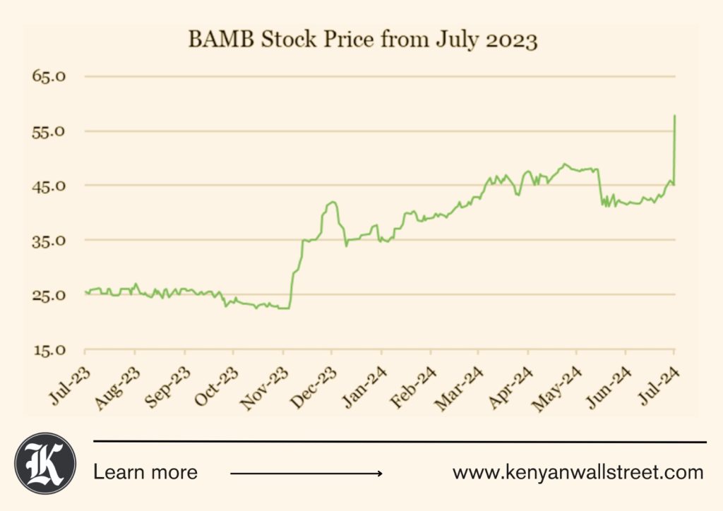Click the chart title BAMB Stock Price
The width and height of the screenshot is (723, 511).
tap(363, 40)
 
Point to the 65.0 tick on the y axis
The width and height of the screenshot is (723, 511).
tap(49, 76)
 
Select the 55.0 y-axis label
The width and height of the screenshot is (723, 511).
tap(49, 131)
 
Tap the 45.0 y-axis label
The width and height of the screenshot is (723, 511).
tap(49, 186)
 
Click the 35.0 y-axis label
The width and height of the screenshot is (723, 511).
tap(49, 241)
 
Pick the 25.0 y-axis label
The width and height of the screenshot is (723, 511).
tap(49, 295)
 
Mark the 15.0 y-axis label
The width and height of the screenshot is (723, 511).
tap(49, 350)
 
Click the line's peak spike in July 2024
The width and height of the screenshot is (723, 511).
tap(675, 116)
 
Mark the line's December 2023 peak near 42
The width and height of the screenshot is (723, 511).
tap(331, 203)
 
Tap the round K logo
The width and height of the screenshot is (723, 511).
tap(45, 463)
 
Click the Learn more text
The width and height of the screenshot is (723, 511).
tap(145, 472)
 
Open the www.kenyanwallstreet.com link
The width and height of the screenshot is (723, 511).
tap(578, 472)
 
